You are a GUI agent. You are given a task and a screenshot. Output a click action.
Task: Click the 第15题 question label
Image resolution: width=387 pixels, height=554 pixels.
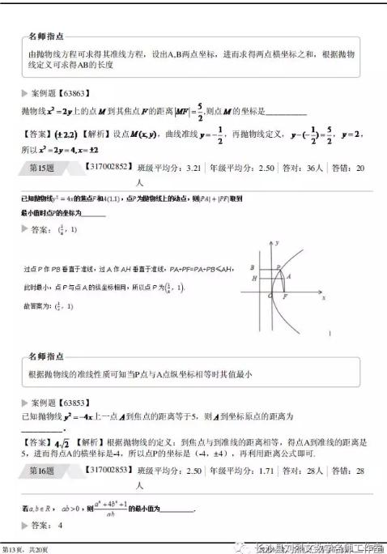pos(40,168)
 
